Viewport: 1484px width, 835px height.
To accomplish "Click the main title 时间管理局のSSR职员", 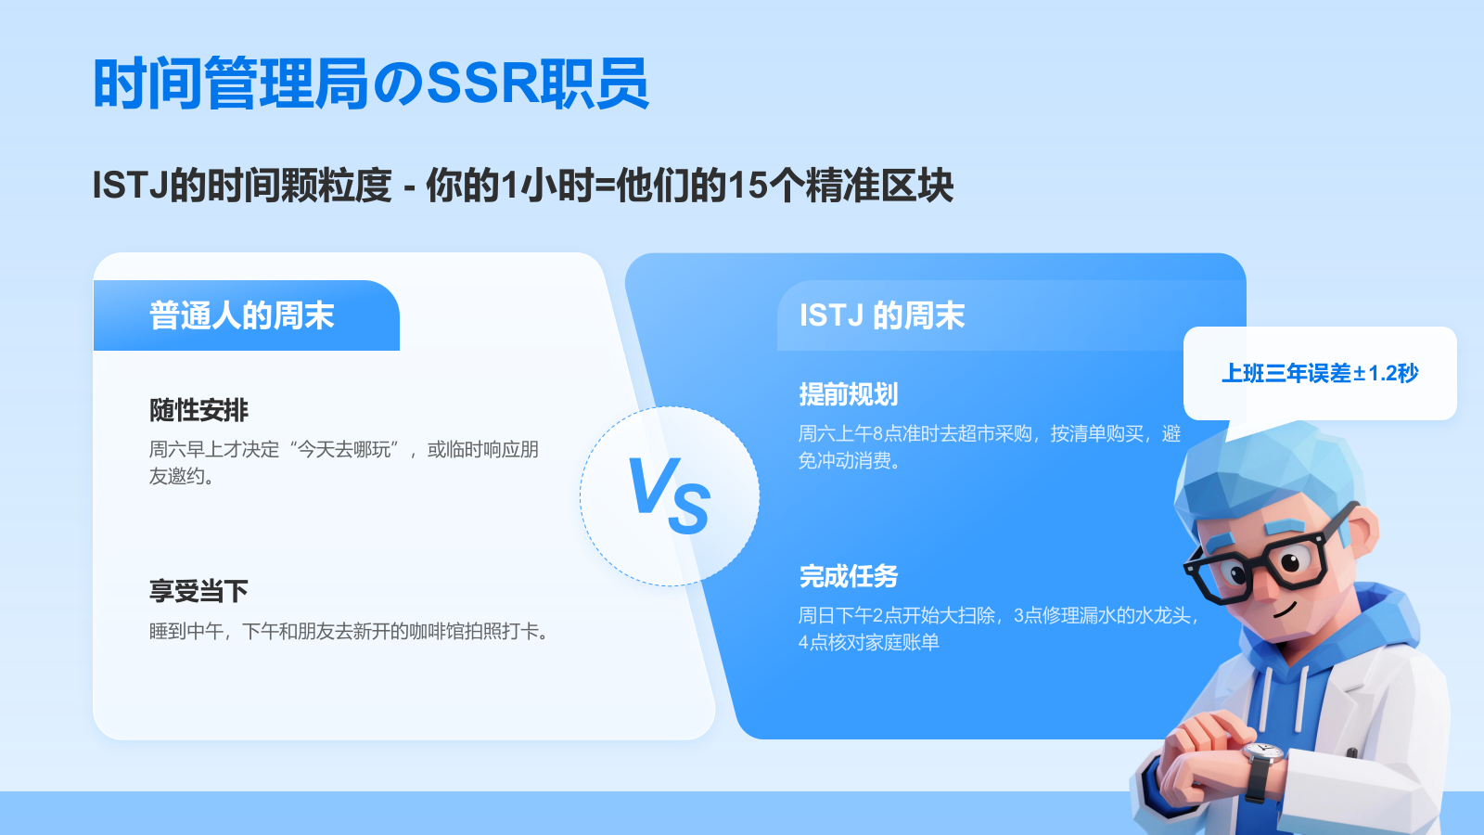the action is coord(371,83).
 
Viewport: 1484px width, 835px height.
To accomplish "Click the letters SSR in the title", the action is coord(483,83).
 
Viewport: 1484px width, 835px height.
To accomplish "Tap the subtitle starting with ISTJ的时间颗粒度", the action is coord(523,185).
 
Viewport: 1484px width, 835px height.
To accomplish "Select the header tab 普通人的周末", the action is coord(242,315).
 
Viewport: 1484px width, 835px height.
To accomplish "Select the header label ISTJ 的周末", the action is coord(882,315).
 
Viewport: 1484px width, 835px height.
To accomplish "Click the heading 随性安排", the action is coord(198,410).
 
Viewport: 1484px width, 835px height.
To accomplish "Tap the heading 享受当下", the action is coord(198,591).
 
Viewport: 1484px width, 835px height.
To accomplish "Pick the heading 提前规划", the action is coord(849,394).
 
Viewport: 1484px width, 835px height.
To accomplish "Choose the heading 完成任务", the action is coord(849,576).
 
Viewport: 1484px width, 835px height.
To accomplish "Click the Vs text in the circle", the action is coord(669,495).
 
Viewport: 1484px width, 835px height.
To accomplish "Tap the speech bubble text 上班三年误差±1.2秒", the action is coord(1320,373).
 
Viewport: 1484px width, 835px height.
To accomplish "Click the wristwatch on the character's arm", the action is coord(1262,770).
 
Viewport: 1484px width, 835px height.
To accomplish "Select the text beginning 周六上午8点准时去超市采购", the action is coord(990,446).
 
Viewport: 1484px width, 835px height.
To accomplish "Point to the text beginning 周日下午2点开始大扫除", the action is coord(1000,628).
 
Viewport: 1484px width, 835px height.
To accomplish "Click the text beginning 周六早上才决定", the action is coord(344,463).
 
